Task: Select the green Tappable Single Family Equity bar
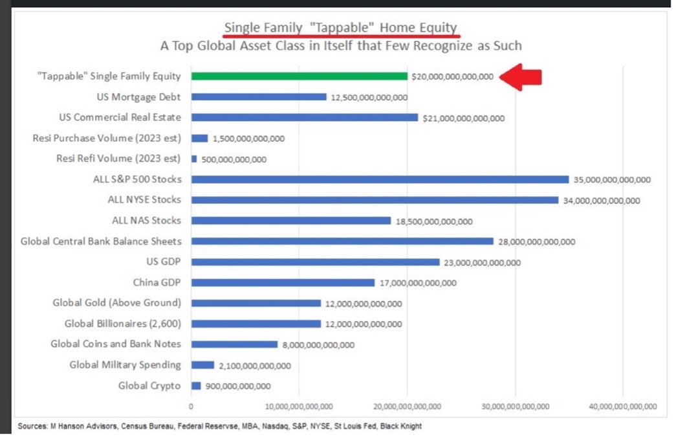pyautogui.click(x=299, y=76)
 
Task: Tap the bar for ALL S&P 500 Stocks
pyautogui.click(x=380, y=179)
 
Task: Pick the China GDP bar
pyautogui.click(x=283, y=283)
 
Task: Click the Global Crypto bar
pyautogui.click(x=196, y=386)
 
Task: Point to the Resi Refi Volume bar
pyautogui.click(x=194, y=159)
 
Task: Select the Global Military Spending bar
pyautogui.click(x=202, y=365)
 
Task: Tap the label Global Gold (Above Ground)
pyautogui.click(x=116, y=303)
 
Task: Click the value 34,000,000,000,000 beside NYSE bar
pyautogui.click(x=602, y=201)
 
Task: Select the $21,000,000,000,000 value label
pyautogui.click(x=463, y=118)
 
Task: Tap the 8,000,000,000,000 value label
pyautogui.click(x=318, y=345)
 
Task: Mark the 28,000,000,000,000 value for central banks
pyautogui.click(x=536, y=242)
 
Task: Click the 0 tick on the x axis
pyautogui.click(x=191, y=407)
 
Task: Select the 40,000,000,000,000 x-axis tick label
pyautogui.click(x=622, y=407)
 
